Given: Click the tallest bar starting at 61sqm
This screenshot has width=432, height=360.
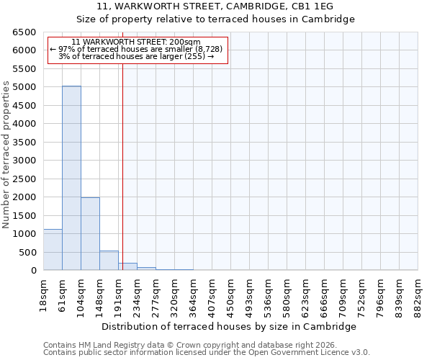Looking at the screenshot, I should (71, 178).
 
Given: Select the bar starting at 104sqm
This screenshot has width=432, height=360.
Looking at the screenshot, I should (90, 233).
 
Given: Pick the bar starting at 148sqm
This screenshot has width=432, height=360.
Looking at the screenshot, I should (109, 260).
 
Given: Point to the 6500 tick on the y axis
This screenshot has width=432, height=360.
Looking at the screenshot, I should (24, 32).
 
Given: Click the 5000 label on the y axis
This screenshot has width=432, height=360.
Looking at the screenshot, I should (24, 87).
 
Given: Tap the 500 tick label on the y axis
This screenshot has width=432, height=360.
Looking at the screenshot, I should (27, 253).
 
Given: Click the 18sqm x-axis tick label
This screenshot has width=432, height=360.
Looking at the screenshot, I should (44, 292).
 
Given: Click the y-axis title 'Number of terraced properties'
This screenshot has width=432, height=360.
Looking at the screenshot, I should (6, 154).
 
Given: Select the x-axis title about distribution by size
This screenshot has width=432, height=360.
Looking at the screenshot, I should (230, 326).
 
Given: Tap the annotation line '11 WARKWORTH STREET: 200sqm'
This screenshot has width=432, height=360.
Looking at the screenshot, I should (137, 42).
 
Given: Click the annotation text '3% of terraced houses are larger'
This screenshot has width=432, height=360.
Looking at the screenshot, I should (137, 56).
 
